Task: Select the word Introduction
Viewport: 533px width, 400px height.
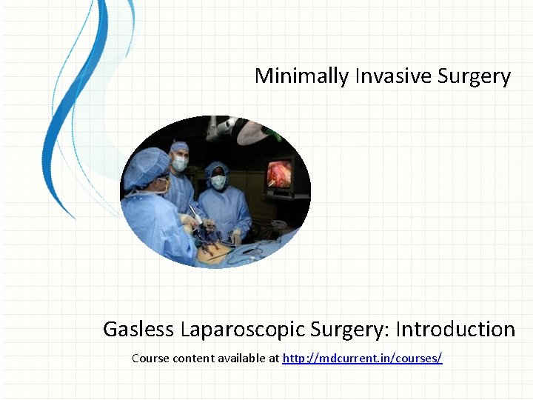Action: click(x=455, y=329)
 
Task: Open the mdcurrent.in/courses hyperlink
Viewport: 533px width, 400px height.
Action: click(x=362, y=359)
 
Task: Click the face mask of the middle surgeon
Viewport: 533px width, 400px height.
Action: click(x=180, y=163)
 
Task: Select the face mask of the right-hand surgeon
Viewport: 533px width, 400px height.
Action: click(x=218, y=181)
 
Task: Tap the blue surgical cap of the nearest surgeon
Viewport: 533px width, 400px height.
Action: click(x=145, y=166)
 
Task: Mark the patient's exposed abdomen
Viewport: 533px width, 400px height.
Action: click(x=215, y=253)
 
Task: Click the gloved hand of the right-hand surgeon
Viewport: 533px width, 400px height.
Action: click(x=235, y=236)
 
